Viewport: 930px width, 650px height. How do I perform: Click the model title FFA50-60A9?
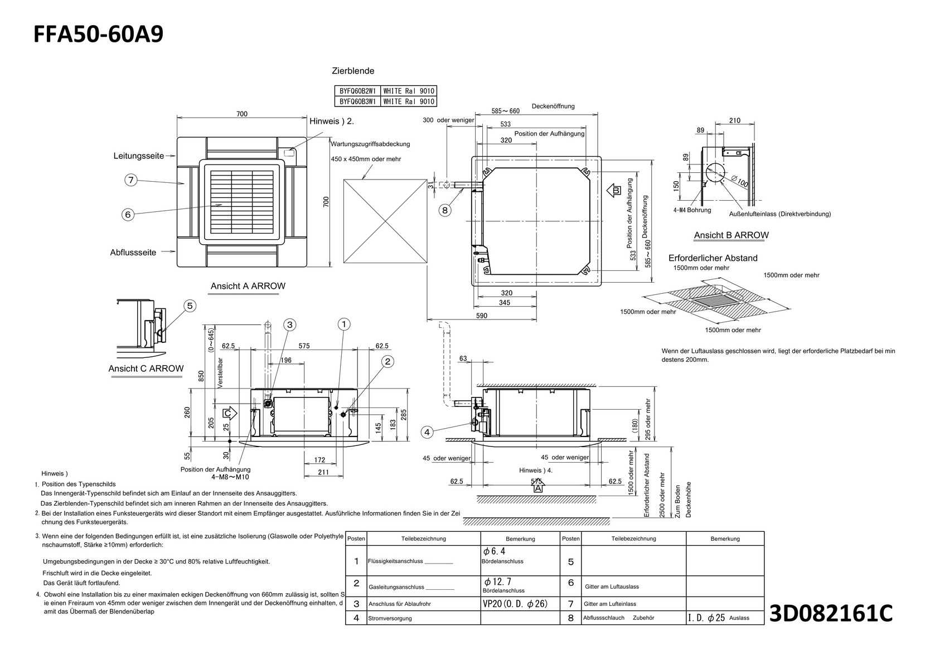99,35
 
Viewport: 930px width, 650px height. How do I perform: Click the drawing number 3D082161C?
831,613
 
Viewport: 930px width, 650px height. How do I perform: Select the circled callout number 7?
130,180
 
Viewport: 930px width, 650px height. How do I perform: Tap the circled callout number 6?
128,214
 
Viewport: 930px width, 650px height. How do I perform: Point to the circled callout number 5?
190,305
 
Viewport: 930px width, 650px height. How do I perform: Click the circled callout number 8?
444,210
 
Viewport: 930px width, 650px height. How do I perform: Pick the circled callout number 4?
427,431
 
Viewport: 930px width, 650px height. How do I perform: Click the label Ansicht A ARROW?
248,286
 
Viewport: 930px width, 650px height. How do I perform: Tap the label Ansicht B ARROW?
731,235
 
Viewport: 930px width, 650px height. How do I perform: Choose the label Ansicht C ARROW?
146,368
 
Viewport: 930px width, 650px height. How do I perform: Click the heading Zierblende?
353,71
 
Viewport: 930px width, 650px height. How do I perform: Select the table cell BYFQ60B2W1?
357,91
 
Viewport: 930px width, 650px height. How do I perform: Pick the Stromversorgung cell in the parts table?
390,618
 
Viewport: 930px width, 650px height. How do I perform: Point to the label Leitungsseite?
139,156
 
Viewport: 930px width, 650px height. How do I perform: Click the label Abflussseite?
133,253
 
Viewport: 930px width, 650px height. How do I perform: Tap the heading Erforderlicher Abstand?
713,258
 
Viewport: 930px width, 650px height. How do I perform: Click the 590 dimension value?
482,316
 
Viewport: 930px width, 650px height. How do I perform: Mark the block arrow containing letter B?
614,190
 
